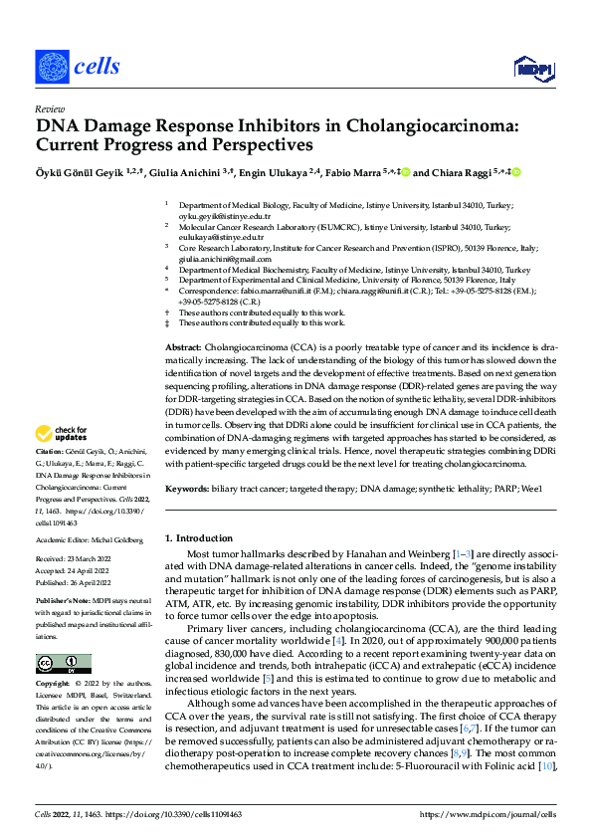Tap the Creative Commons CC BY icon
64,664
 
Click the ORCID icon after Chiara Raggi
517,172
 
